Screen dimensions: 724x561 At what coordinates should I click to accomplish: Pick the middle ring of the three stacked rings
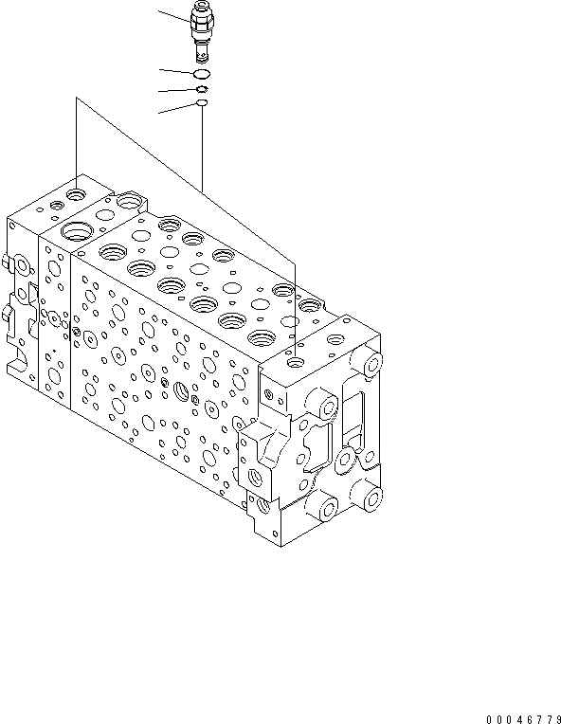click(201, 88)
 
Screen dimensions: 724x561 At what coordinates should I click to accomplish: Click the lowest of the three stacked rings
click(201, 102)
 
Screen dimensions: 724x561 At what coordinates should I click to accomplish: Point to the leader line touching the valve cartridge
click(173, 16)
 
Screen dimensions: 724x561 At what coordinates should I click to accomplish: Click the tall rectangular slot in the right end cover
click(353, 418)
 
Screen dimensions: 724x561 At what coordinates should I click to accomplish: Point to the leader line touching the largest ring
click(175, 70)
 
